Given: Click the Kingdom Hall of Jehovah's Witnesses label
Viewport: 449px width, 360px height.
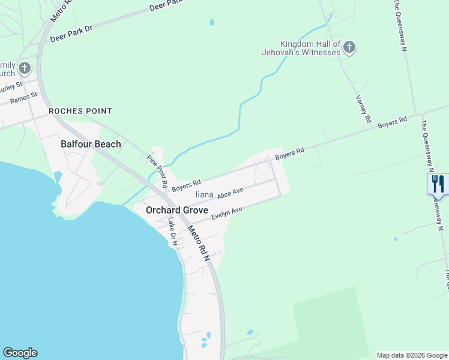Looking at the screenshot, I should point(310,48).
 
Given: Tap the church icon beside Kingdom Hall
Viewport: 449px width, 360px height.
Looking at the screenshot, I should point(349,47).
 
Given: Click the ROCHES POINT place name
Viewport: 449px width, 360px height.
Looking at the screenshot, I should point(80,111).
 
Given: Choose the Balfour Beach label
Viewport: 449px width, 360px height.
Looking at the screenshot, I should point(91,144).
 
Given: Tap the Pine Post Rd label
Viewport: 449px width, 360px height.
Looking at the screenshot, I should point(157,170).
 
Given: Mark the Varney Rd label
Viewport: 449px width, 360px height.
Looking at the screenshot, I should point(363,109).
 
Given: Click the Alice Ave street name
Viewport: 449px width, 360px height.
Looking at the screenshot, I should point(231,193).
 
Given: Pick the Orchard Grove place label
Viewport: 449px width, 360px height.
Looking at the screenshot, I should point(177,211).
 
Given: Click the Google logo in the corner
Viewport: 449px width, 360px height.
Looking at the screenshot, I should point(20,353).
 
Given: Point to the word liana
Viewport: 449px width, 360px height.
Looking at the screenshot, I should point(205,194).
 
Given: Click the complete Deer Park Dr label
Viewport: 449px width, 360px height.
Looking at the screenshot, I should point(71,33).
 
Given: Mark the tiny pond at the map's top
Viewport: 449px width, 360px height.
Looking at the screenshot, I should point(212,23).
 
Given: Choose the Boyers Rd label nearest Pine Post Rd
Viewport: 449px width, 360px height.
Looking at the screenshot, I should point(186,185).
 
